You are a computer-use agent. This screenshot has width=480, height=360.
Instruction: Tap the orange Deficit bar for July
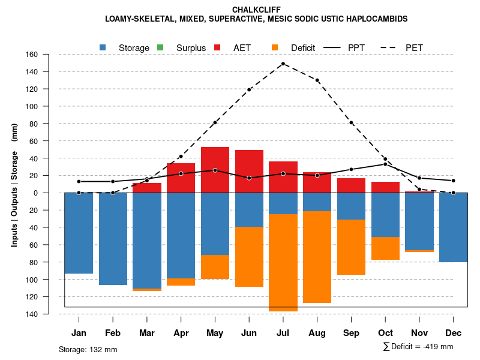point(283,263)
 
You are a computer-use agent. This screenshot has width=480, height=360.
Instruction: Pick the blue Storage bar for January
point(79,233)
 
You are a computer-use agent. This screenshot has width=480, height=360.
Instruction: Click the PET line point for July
point(283,64)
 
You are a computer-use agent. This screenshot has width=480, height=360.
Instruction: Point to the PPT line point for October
point(385,164)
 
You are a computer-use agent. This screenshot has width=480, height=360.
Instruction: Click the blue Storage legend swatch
point(103,47)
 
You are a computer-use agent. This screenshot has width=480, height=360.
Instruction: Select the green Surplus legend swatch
point(160,47)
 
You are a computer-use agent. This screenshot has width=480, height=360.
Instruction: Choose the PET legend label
point(414,47)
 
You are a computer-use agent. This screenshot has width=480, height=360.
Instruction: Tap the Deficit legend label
point(303,47)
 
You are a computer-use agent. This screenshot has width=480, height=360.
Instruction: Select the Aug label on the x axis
point(317,333)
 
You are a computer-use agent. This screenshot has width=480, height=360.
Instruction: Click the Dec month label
point(453,333)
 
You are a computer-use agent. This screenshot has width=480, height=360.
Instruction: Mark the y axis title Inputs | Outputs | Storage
point(14,184)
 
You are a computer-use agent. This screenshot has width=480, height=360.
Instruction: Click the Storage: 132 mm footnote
point(88,349)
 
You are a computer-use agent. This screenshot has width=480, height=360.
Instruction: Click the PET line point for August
point(317,80)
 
